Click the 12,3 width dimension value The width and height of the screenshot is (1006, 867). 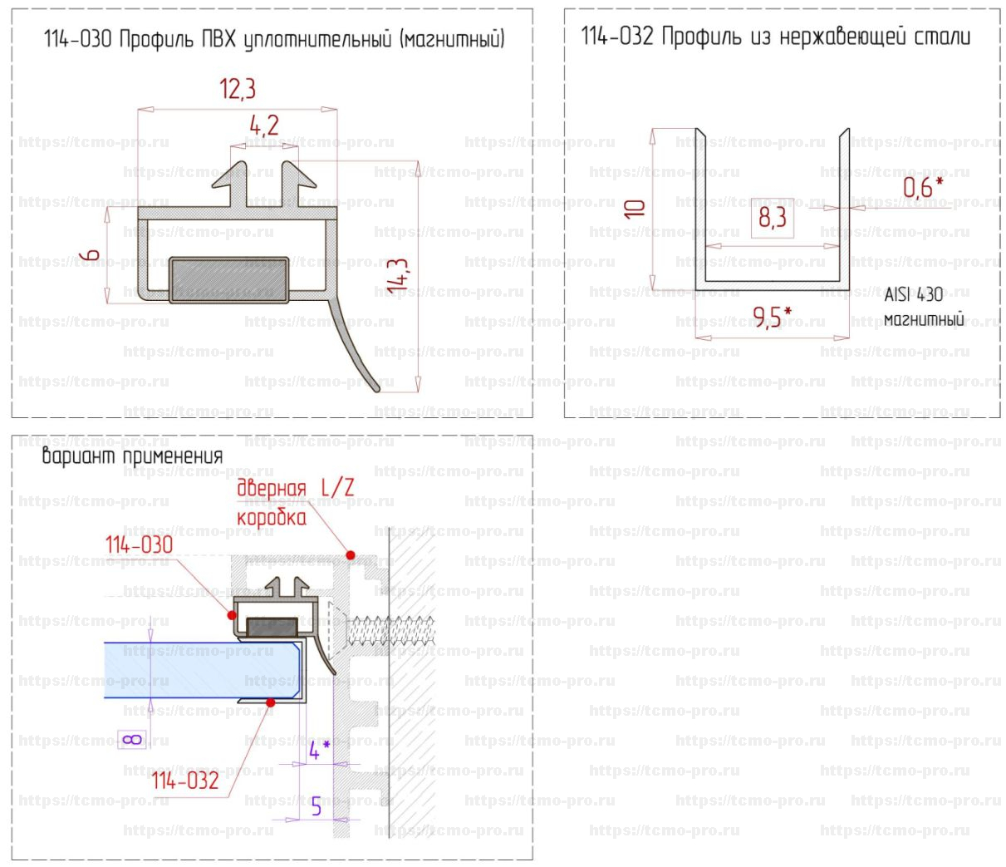[x=238, y=89]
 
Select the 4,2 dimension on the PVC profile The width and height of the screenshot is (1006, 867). [x=264, y=126]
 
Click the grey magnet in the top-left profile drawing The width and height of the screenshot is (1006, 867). [x=229, y=279]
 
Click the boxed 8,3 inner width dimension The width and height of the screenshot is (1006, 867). [x=773, y=218]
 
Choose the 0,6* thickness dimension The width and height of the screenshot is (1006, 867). [x=923, y=188]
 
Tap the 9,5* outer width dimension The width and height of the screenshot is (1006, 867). [x=772, y=317]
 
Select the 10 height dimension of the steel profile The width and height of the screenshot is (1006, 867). [x=635, y=209]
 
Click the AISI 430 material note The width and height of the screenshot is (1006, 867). [x=914, y=294]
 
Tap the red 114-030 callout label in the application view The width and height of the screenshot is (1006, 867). [x=139, y=545]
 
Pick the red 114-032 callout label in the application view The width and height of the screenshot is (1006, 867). [x=184, y=781]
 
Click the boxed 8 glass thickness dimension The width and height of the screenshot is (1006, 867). [x=133, y=739]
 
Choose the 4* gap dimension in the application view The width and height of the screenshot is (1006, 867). [x=319, y=751]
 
